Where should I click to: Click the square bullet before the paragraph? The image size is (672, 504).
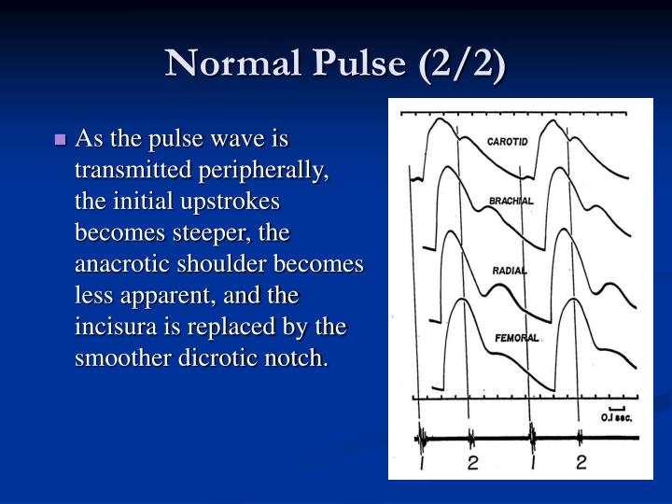pyautogui.click(x=62, y=141)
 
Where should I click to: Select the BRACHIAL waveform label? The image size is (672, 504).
pyautogui.click(x=511, y=201)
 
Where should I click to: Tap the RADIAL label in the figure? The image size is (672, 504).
pyautogui.click(x=510, y=271)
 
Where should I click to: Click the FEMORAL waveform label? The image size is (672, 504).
pyautogui.click(x=516, y=337)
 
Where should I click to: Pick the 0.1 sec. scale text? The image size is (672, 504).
pyautogui.click(x=616, y=418)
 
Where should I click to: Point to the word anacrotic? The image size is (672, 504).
pyautogui.click(x=118, y=264)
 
